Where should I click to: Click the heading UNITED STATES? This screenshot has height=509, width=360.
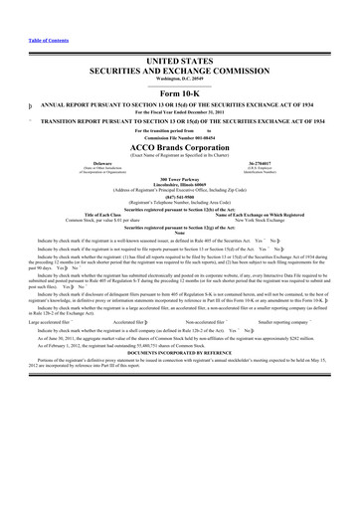179,62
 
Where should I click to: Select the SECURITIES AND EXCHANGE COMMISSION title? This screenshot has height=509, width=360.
179,72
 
